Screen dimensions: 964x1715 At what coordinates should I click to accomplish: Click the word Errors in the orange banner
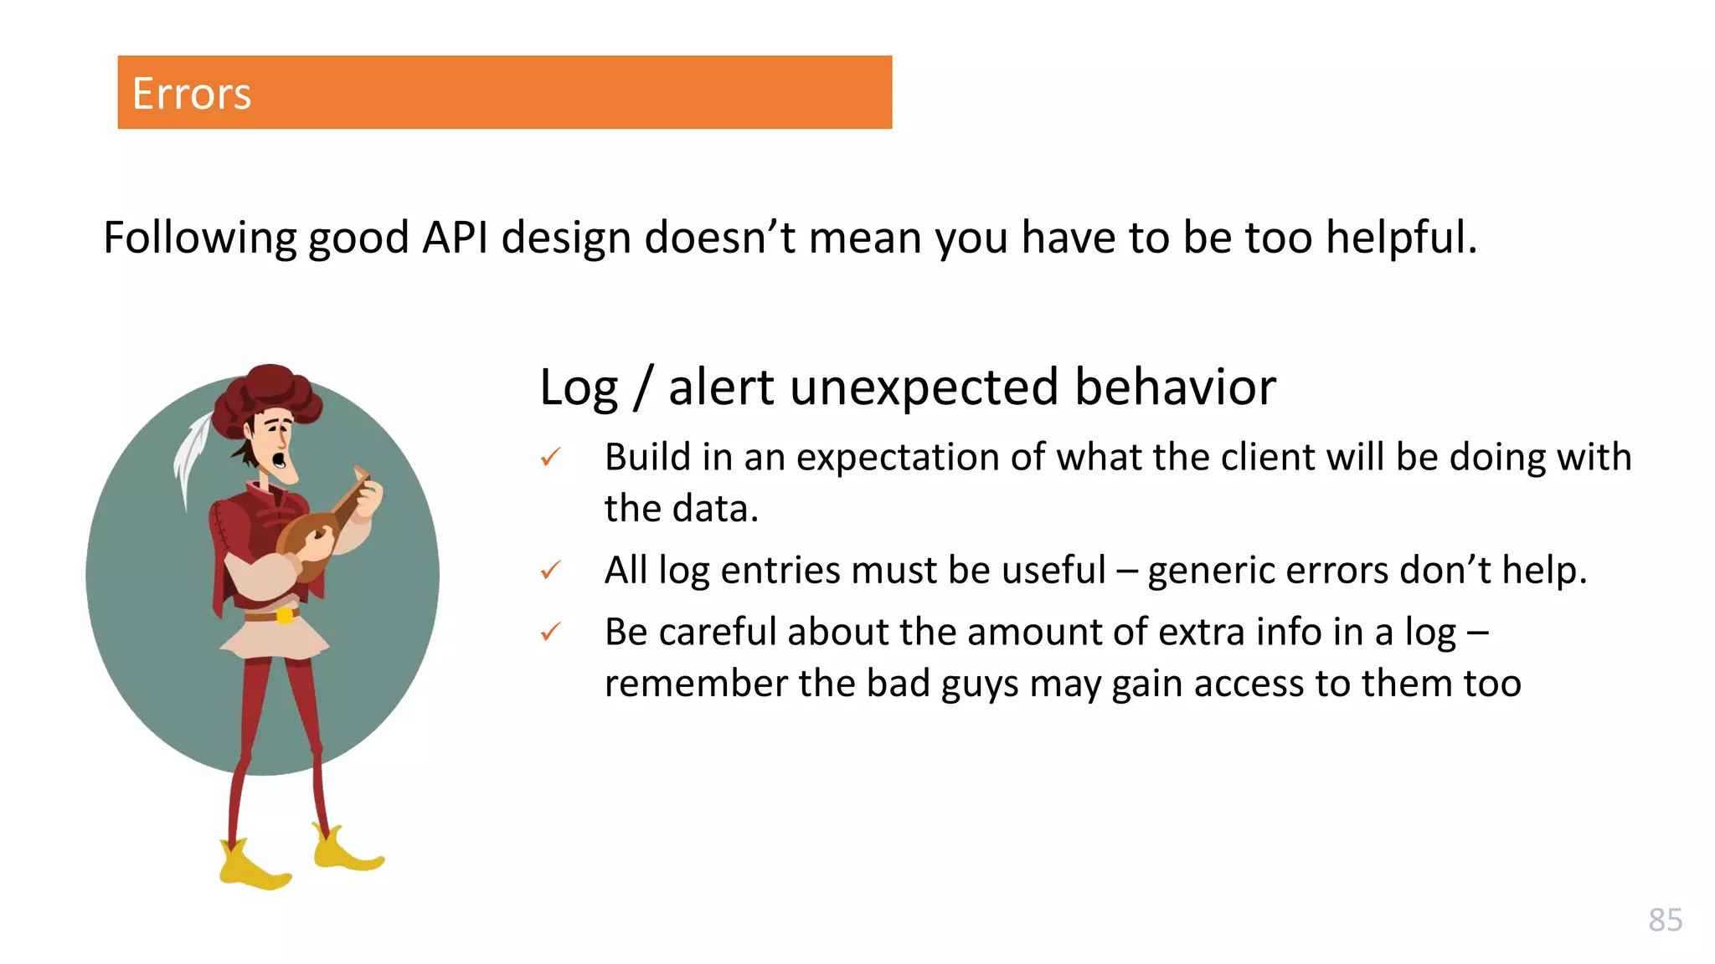pyautogui.click(x=192, y=94)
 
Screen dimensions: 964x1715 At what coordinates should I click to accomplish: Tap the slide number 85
pyautogui.click(x=1665, y=920)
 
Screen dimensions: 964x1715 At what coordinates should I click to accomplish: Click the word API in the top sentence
pyautogui.click(x=455, y=238)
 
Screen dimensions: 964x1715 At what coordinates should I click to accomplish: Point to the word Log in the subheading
pyautogui.click(x=579, y=388)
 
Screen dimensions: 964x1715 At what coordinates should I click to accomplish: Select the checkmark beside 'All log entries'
pyautogui.click(x=550, y=571)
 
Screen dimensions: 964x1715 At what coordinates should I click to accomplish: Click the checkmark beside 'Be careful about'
pyautogui.click(x=550, y=632)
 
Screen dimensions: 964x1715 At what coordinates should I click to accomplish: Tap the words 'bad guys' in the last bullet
pyautogui.click(x=942, y=684)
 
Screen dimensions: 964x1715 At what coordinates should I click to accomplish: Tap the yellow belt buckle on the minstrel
pyautogui.click(x=285, y=616)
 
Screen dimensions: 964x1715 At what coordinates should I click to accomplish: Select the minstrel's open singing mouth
pyautogui.click(x=280, y=459)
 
